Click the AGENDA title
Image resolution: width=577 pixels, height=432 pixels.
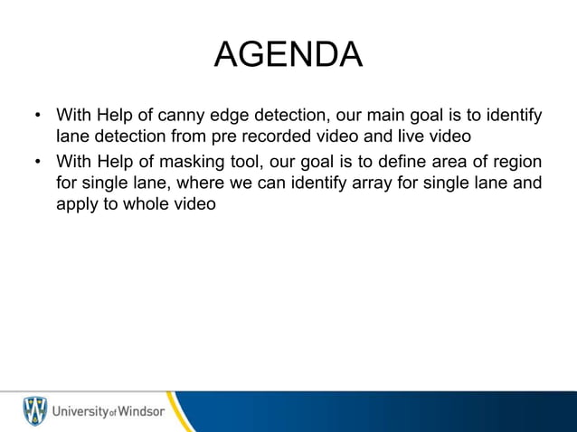[288, 54]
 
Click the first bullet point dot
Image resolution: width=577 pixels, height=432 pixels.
[37, 117]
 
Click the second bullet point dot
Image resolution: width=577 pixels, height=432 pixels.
[37, 162]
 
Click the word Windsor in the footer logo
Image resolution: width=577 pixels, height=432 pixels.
[138, 411]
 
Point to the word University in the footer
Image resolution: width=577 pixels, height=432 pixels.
[79, 411]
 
